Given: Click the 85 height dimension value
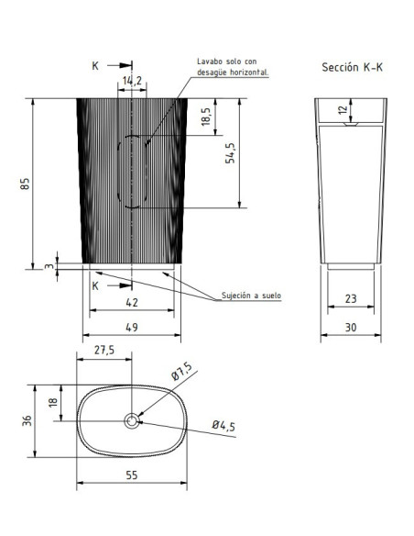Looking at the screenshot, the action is [26, 184].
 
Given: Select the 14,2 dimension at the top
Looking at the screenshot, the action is [132, 81].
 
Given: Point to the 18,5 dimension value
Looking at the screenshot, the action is [206, 117].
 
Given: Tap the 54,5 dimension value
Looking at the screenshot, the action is [230, 152].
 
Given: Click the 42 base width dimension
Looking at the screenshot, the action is [132, 303].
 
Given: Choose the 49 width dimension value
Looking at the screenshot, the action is [132, 328].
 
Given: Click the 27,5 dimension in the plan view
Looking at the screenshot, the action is [104, 350].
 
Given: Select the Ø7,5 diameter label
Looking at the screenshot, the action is [181, 371].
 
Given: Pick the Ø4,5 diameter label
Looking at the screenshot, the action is [223, 426].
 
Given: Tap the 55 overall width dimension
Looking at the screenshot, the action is [132, 475].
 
